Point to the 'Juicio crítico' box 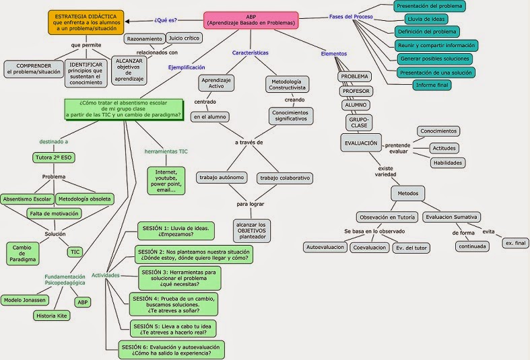click(x=185, y=38)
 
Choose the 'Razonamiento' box click(x=144, y=38)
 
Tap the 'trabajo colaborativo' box click(x=284, y=178)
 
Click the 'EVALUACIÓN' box click(x=361, y=143)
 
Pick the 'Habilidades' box click(x=448, y=162)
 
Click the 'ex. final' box click(x=515, y=242)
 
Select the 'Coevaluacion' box click(x=369, y=248)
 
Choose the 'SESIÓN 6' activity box click(x=170, y=349)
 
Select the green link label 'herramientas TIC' click(x=166, y=151)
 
